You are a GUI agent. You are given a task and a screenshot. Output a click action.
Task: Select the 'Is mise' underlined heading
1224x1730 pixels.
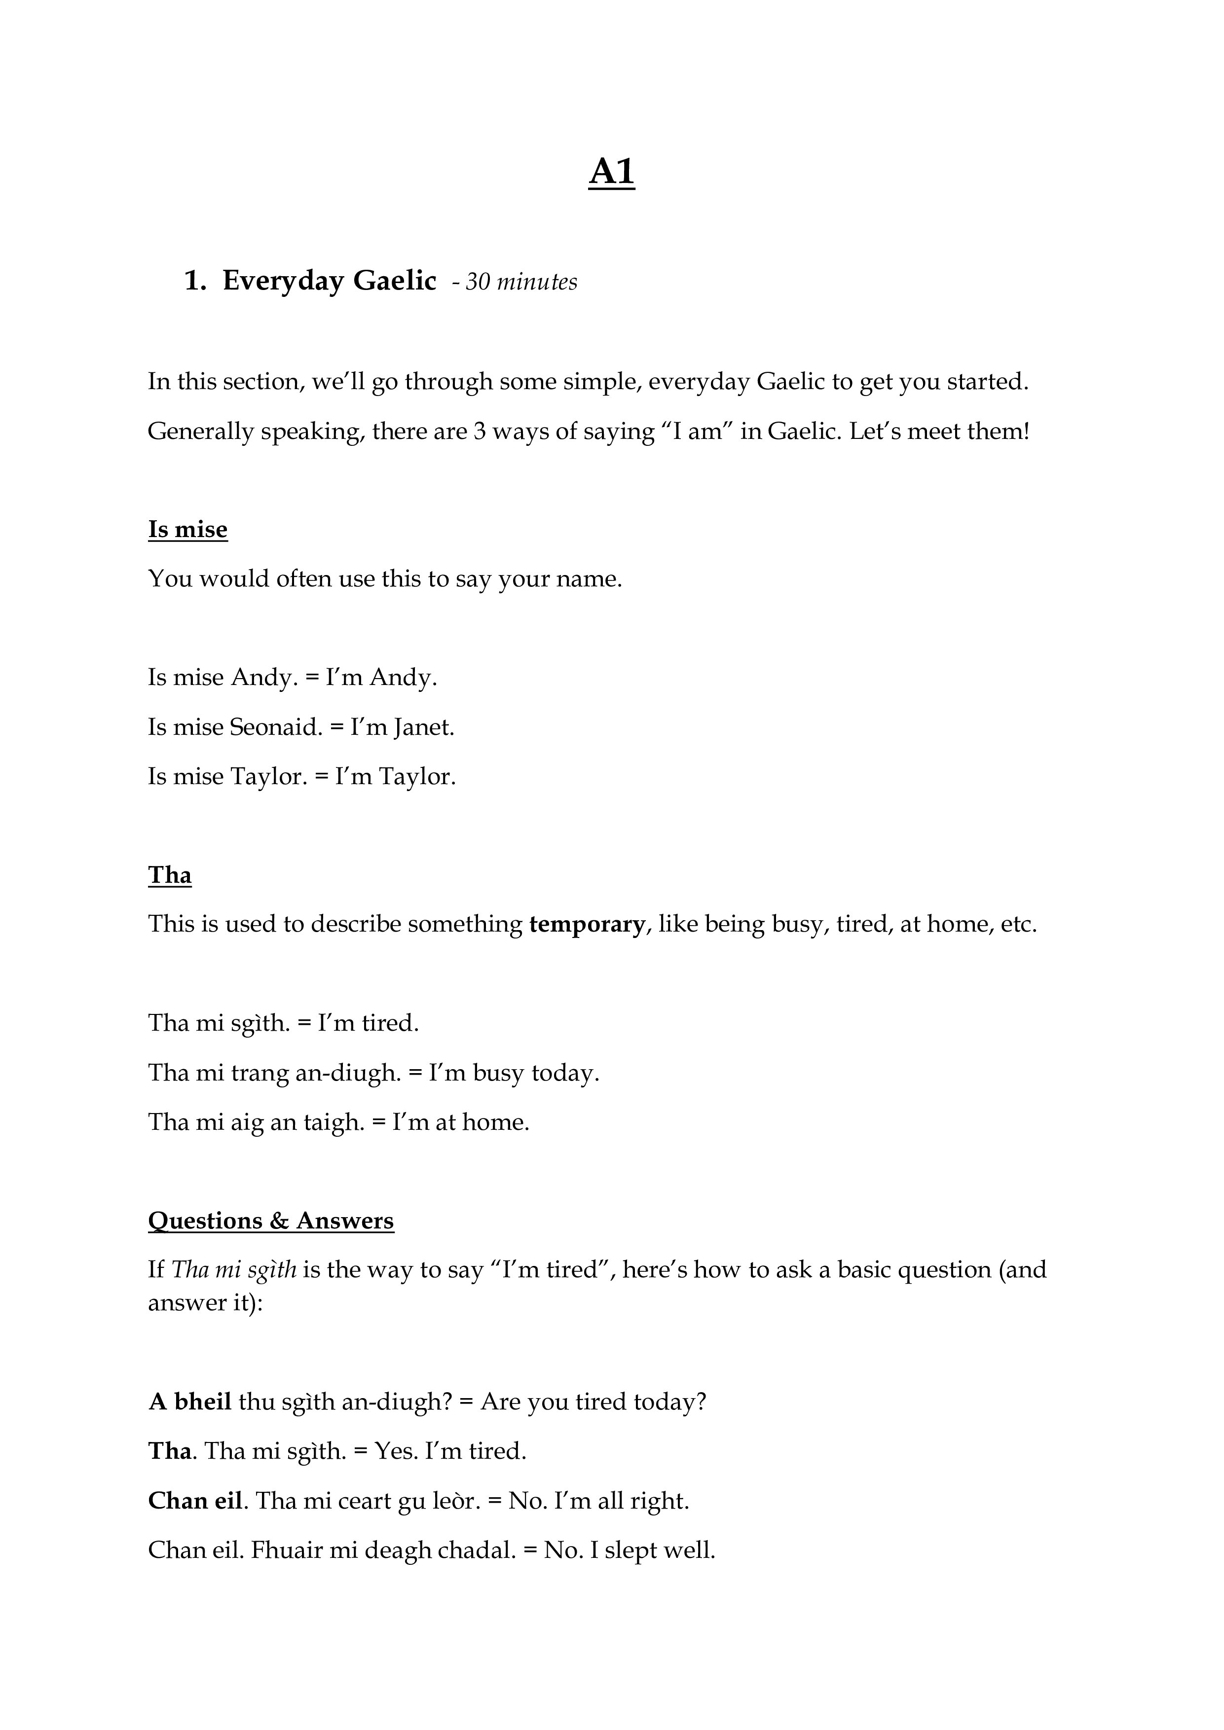[x=187, y=530]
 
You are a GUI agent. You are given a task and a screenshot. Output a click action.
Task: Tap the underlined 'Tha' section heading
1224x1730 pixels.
[x=170, y=875]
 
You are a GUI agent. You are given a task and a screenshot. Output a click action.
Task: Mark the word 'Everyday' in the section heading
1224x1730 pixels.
[x=284, y=281]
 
